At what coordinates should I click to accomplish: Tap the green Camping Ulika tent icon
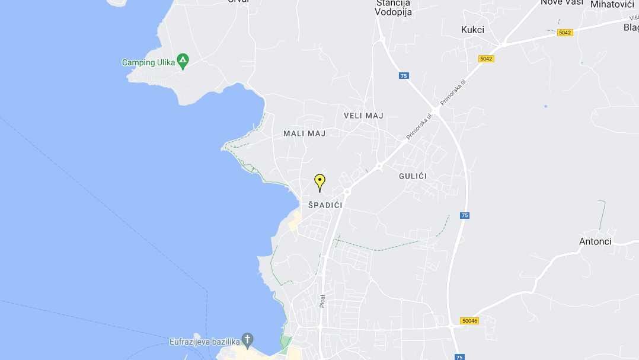[x=183, y=60]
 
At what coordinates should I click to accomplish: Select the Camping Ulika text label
[x=148, y=62]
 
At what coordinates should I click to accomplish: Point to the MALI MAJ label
[x=305, y=133]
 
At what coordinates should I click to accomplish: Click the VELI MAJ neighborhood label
[x=364, y=116]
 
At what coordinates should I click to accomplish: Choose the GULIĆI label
[x=413, y=176]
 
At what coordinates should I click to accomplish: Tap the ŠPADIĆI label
[x=325, y=205]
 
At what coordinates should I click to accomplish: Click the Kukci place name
[x=472, y=30]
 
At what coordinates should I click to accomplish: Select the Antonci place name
[x=595, y=241]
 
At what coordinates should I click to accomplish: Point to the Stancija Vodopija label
[x=394, y=7]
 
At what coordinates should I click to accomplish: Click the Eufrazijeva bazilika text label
[x=204, y=341]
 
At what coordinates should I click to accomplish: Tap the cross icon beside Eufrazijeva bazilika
[x=248, y=340]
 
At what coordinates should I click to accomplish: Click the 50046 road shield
[x=469, y=321]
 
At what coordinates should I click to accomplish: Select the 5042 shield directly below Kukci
[x=486, y=59]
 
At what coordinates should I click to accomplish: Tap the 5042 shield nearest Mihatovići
[x=565, y=33]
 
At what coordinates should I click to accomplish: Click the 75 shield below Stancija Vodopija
[x=404, y=76]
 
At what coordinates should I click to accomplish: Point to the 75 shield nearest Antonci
[x=465, y=215]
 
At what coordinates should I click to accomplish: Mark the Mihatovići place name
[x=612, y=4]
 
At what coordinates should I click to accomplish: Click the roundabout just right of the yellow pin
[x=347, y=192]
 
